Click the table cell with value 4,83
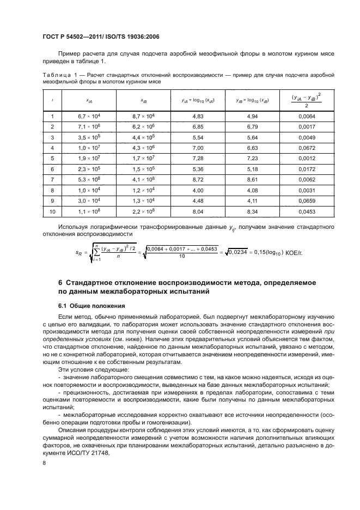199,117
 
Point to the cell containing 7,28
199,158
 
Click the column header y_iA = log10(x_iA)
199,101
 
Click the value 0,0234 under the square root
237,252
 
